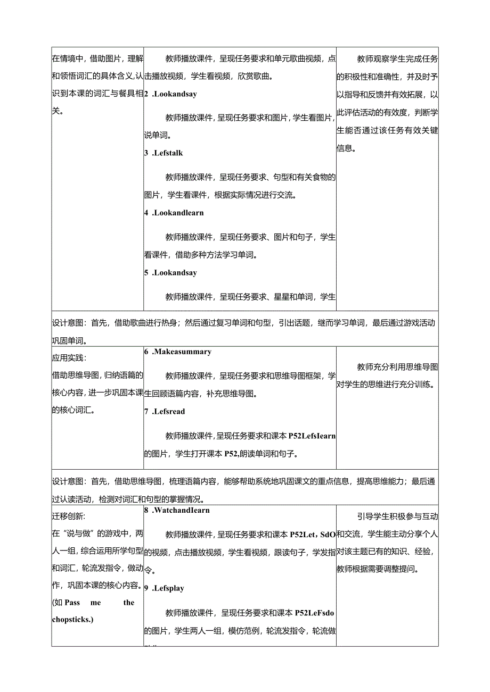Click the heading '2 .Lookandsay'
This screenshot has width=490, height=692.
pyautogui.click(x=170, y=94)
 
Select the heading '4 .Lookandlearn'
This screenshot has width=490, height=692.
pyautogui.click(x=174, y=213)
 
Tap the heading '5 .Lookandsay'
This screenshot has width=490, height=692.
pyautogui.click(x=170, y=273)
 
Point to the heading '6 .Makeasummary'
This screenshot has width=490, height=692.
pyautogui.click(x=177, y=352)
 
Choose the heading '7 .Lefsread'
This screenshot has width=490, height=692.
pyautogui.click(x=165, y=411)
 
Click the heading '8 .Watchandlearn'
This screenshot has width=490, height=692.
pyautogui.click(x=177, y=510)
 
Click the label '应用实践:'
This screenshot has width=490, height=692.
pyautogui.click(x=69, y=358)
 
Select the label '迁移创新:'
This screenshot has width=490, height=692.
pyautogui.click(x=69, y=516)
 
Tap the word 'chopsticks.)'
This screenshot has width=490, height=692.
pyautogui.click(x=72, y=619)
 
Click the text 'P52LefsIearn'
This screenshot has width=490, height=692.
pyautogui.click(x=312, y=436)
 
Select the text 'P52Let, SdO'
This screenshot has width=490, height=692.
pyautogui.click(x=312, y=534)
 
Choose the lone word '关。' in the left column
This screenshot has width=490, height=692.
pyautogui.click(x=57, y=112)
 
